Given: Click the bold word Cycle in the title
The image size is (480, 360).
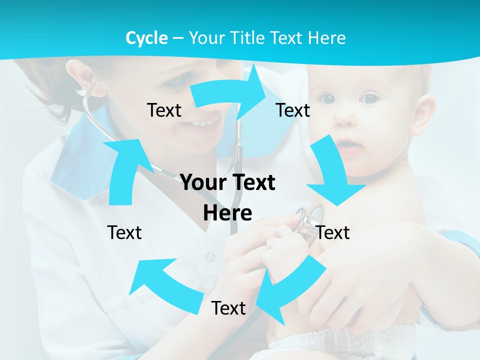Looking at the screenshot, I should tap(146, 38).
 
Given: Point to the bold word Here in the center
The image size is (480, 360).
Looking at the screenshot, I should tap(227, 213).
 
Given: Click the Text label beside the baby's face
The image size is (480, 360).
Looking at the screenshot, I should tap(293, 110).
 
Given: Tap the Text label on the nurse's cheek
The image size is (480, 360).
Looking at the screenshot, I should tap(164, 110).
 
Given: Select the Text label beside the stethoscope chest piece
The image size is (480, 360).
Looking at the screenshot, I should tap(333, 232).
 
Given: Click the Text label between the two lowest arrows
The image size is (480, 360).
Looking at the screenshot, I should tap(228, 308).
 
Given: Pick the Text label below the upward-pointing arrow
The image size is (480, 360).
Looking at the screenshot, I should tap(124, 232).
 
